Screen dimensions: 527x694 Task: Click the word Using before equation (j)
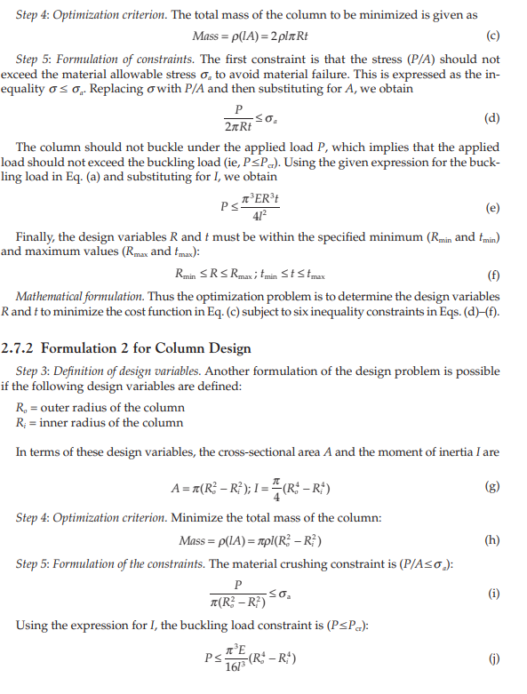(35, 628)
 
